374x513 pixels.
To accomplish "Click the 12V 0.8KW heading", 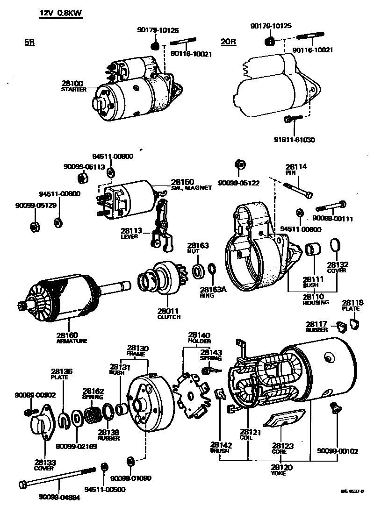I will tap(61, 14).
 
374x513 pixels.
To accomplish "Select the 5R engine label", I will tap(29, 42).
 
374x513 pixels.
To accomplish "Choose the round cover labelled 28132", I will tap(335, 245).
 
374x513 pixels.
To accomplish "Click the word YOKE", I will tap(278, 473).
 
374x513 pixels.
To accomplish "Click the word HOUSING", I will tap(316, 302).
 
